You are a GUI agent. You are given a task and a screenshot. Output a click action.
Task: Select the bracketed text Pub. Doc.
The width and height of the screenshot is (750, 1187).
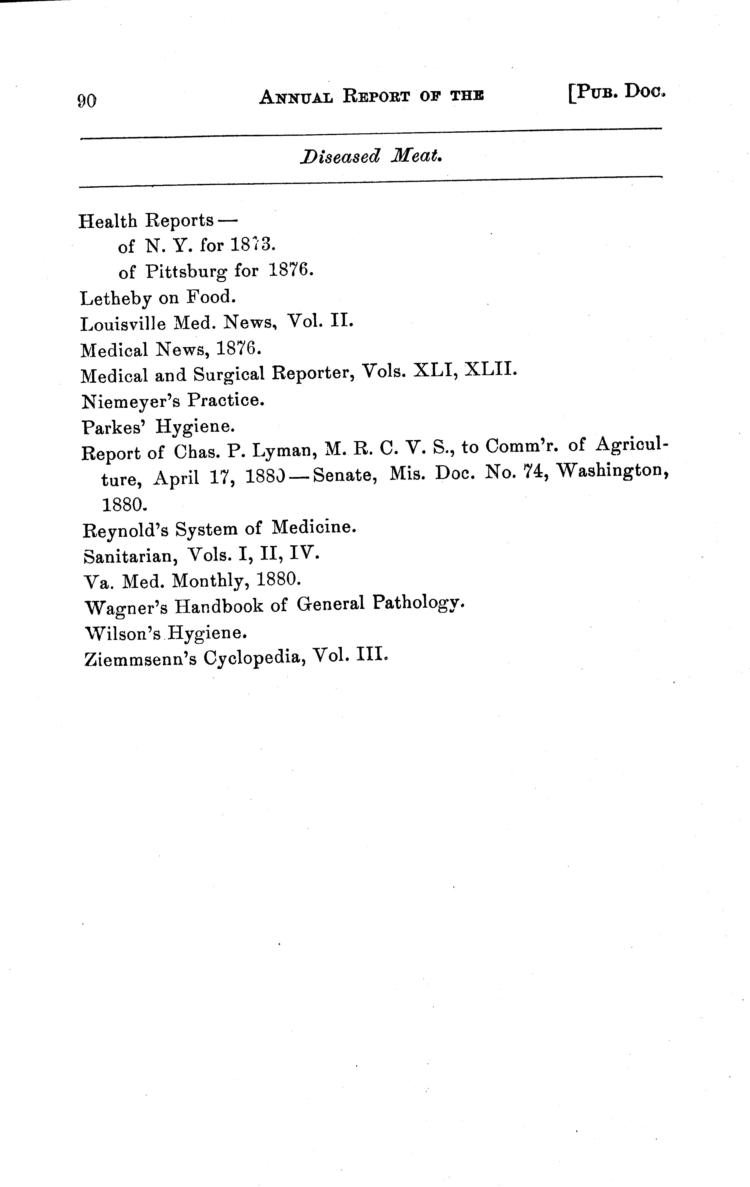tap(617, 92)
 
